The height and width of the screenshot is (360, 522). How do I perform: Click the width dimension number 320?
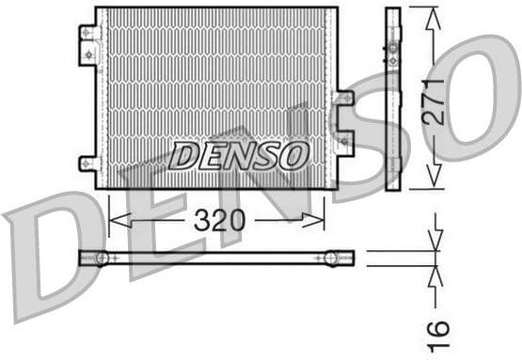[x=219, y=221]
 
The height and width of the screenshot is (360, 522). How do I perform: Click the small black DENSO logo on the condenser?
[x=239, y=155]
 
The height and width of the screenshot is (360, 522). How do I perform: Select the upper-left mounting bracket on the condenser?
[x=89, y=44]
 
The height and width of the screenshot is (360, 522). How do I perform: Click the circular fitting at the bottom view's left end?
[x=102, y=258]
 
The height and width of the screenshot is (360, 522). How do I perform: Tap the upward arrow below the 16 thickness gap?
[x=435, y=274]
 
